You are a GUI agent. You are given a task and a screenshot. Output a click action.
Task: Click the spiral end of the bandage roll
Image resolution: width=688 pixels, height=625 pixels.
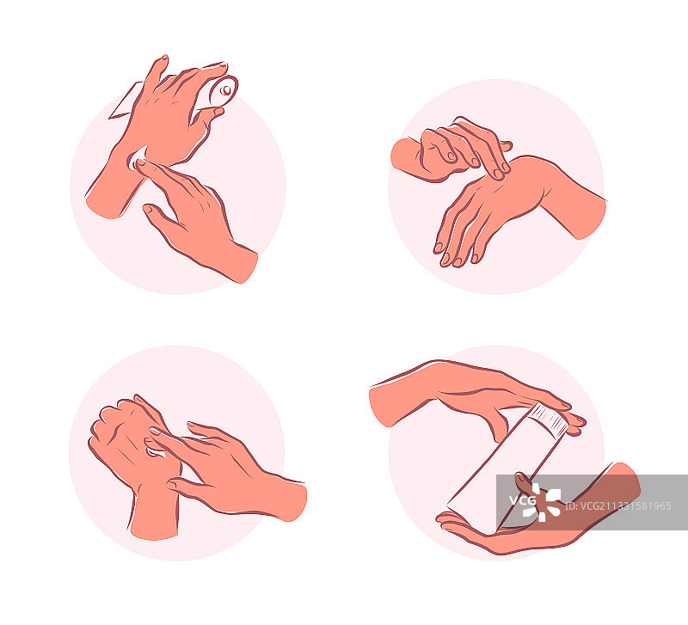click(x=224, y=91)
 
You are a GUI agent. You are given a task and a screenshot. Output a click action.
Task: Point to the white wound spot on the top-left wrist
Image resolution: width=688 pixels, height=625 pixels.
click(x=136, y=160)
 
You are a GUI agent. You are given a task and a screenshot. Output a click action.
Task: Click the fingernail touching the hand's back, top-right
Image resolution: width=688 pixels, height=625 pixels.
click(x=499, y=175)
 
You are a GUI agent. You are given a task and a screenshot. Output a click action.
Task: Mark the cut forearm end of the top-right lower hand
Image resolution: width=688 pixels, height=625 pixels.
click(x=592, y=218)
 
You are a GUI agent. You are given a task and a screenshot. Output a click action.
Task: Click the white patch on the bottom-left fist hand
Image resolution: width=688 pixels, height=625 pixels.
click(x=155, y=451)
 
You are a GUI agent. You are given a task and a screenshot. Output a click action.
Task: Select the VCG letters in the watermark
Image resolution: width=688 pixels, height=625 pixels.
click(x=522, y=500)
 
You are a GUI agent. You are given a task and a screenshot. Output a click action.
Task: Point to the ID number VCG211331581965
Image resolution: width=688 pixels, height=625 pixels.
click(x=618, y=506)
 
